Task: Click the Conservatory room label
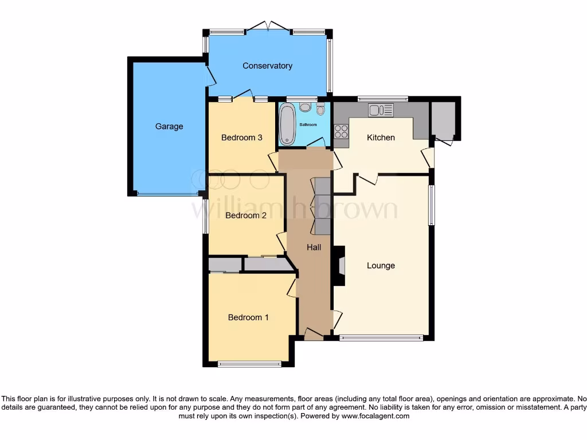[267, 66]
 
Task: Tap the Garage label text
[169, 127]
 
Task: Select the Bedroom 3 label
[242, 137]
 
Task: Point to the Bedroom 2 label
[246, 215]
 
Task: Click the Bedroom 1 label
[248, 317]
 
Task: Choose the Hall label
[314, 247]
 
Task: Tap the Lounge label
[381, 266]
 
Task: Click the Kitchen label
[381, 137]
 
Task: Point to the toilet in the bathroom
[320, 108]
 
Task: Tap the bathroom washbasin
[305, 107]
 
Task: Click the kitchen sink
[381, 109]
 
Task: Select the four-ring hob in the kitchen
[341, 131]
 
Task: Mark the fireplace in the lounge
[341, 266]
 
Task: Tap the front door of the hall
[313, 334]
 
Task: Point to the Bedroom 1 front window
[249, 363]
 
